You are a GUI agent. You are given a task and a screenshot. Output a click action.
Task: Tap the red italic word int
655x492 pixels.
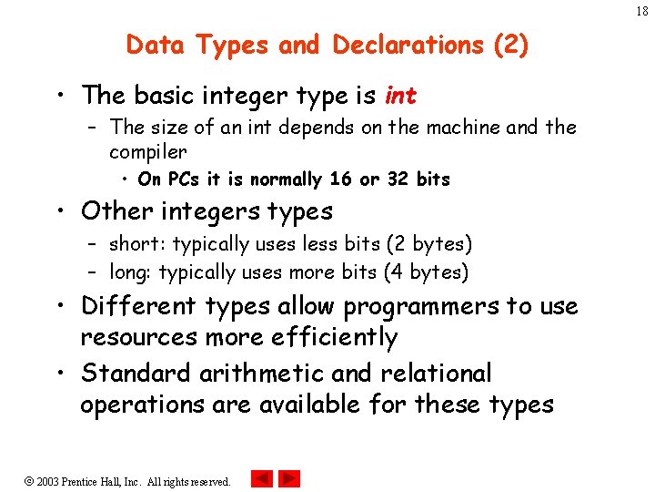coord(401,95)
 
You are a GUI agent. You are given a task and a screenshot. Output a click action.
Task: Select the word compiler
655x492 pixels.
coord(148,151)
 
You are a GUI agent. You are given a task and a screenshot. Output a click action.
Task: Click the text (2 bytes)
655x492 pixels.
coord(429,244)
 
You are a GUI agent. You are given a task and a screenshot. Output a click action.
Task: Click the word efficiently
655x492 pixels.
coord(335,338)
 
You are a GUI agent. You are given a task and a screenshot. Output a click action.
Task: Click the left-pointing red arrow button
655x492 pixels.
coord(262,478)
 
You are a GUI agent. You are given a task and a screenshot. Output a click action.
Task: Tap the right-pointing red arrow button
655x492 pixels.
coord(289,478)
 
